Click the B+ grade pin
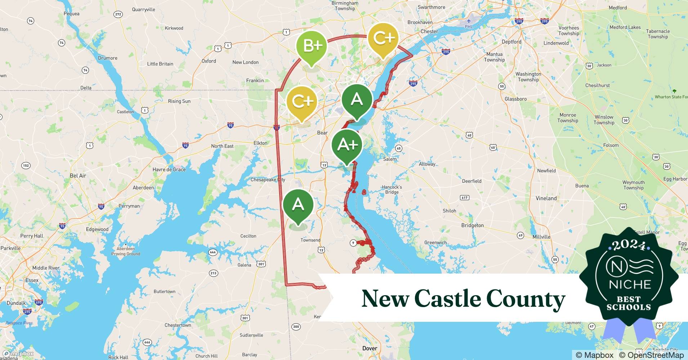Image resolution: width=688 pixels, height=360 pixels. [311, 46]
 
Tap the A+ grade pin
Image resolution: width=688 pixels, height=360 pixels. [347, 145]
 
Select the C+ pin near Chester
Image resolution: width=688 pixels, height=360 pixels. [383, 38]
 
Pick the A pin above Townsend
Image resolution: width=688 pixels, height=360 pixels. [298, 205]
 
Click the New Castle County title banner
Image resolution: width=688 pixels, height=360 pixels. [463, 298]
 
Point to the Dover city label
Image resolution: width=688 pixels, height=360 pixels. [370, 348]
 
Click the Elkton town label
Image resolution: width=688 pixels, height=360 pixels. [260, 143]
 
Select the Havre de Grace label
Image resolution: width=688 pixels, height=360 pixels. [169, 170]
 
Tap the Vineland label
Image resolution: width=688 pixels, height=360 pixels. [546, 198]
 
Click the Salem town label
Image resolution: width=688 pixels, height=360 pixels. [390, 159]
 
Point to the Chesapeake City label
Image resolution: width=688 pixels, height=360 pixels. [268, 180]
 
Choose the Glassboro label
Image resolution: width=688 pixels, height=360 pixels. [515, 99]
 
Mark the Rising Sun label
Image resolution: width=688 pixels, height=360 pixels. [179, 101]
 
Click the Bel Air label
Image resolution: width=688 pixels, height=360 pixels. [78, 176]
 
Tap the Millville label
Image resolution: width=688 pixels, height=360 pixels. [541, 237]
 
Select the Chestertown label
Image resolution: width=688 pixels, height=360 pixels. [178, 325]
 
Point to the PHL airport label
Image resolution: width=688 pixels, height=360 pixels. [469, 26]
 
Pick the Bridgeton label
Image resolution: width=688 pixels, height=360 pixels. [472, 225]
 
